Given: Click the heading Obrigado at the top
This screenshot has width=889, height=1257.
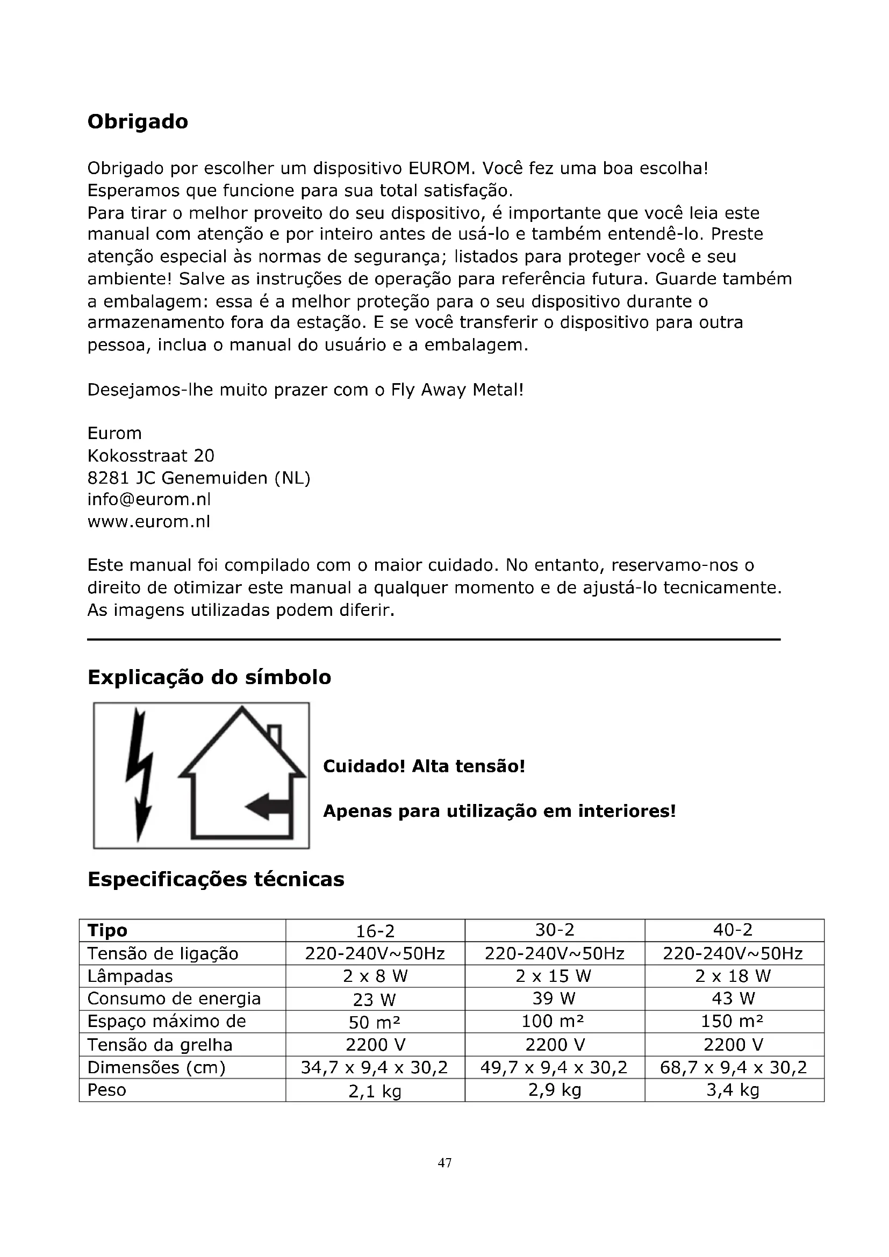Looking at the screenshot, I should [138, 121].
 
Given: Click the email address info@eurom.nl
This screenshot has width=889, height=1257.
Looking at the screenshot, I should [149, 499].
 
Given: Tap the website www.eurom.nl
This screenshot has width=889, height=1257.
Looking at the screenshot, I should [149, 521].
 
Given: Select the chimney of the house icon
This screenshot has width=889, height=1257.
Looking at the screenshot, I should [275, 735].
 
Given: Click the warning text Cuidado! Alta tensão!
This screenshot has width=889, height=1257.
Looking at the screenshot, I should [424, 766].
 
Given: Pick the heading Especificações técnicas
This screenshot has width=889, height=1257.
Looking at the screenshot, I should [216, 879].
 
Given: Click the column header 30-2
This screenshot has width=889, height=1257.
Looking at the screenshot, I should [555, 930].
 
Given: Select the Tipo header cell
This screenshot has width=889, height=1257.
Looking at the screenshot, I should [108, 930].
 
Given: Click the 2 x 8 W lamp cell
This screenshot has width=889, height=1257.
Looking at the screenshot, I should [375, 975].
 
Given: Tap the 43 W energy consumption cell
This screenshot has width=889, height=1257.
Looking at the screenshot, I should [734, 999].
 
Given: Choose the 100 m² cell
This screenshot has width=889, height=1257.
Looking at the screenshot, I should [555, 1021].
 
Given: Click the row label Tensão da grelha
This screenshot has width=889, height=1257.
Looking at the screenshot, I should [160, 1045].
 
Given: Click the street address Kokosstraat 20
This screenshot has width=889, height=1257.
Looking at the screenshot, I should [151, 456].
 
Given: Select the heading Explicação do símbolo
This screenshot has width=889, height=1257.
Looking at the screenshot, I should [209, 677].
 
